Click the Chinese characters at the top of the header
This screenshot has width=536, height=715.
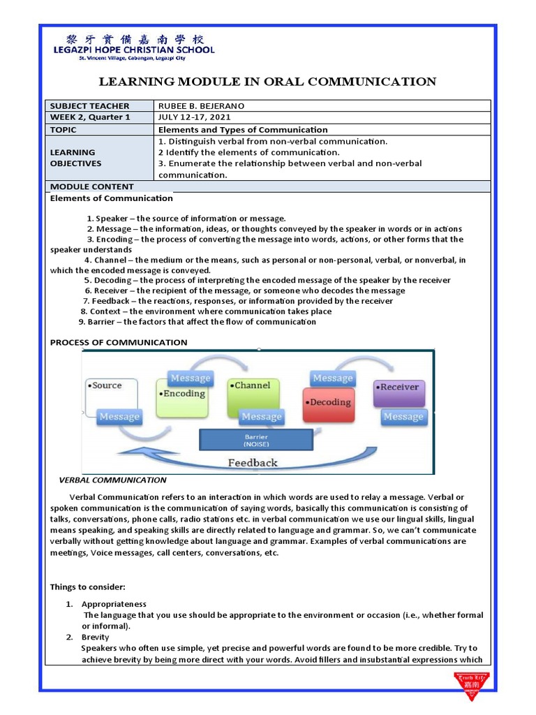pos(134,38)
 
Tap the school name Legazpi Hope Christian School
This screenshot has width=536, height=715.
pos(134,50)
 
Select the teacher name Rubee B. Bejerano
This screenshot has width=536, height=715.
pos(202,106)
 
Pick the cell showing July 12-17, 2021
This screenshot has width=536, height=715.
pos(193,117)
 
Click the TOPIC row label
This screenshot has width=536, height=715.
pos(64,130)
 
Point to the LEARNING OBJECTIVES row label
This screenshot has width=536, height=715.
pos(76,158)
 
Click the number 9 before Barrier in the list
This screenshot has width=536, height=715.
pos(82,322)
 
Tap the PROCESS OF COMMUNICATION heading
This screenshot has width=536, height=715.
pos(119,342)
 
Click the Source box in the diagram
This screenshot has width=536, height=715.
pos(111,395)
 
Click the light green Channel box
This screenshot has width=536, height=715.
pos(253,395)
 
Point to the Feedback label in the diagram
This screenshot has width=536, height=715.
pos(253,462)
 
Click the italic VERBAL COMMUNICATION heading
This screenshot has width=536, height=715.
pos(112,480)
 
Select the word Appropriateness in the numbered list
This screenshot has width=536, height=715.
pos(114,604)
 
